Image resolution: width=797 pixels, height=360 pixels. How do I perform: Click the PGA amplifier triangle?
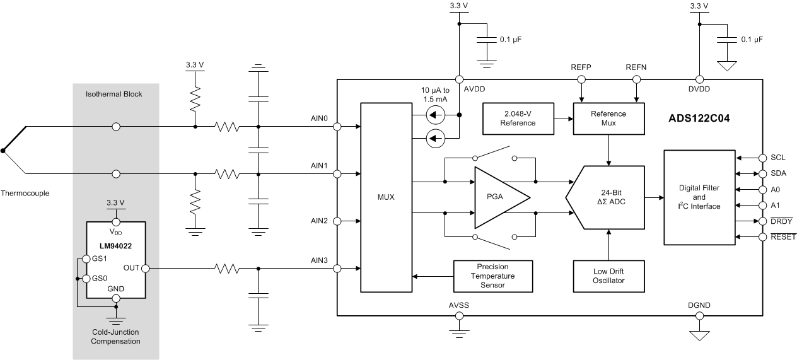(498, 197)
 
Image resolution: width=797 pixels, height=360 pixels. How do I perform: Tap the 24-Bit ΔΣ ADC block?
(608, 197)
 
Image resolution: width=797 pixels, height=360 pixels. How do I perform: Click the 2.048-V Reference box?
(518, 119)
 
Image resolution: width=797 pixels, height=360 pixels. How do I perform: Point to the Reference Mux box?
(609, 119)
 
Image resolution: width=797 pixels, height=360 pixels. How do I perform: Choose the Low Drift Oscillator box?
(608, 276)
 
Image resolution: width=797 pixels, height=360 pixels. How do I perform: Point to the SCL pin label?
(778, 157)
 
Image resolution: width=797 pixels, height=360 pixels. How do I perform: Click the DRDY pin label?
(781, 221)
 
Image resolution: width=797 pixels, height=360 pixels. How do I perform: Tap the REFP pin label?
(581, 67)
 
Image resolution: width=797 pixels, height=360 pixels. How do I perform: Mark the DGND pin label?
(699, 306)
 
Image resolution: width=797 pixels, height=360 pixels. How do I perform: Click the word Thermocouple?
(25, 193)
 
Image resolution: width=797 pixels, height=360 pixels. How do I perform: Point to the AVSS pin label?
(458, 306)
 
